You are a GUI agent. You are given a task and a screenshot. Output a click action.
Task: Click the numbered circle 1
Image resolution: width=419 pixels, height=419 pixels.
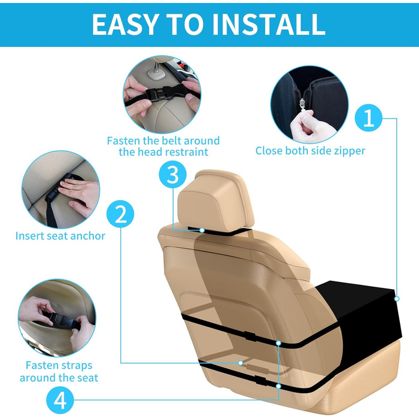point(369,118)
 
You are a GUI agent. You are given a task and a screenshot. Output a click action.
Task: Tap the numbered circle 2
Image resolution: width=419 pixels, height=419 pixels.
point(120,214)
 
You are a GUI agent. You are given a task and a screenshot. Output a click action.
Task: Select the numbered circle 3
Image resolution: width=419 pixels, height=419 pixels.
point(172,175)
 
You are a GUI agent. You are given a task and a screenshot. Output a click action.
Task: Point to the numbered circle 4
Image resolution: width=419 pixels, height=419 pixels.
point(60,400)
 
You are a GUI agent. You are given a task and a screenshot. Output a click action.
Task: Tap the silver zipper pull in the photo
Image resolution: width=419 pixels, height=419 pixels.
point(302,105)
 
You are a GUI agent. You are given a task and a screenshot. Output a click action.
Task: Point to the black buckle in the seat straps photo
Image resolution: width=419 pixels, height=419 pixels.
point(57,319)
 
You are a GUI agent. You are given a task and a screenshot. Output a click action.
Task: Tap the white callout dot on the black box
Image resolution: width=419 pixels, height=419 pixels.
point(397,299)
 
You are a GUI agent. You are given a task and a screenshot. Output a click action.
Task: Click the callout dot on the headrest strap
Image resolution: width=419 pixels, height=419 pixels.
point(202,230)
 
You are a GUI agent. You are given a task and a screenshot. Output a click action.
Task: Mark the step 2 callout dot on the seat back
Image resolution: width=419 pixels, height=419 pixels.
point(241,363)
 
